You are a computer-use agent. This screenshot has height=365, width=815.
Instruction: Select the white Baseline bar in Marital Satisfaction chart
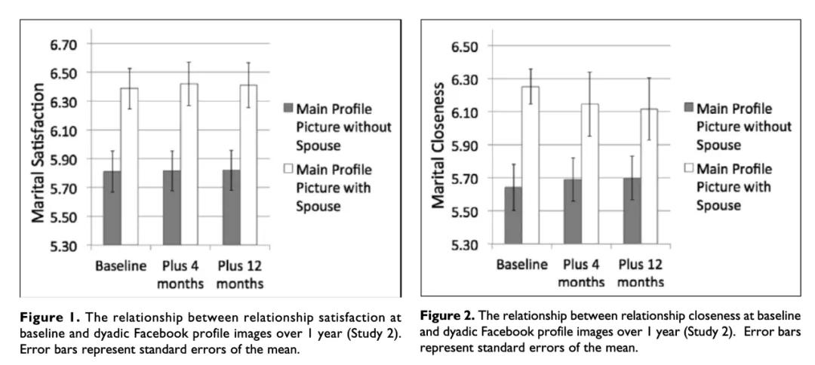(130, 166)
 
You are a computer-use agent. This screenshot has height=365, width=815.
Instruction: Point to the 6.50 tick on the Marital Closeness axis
(465, 47)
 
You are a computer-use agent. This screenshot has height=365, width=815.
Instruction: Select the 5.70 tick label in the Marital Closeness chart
(465, 179)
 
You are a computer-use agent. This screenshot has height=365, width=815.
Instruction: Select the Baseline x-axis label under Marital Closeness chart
(522, 265)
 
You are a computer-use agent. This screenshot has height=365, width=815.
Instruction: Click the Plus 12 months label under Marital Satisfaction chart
(241, 275)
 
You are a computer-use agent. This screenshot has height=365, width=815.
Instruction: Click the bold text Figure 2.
(444, 314)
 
